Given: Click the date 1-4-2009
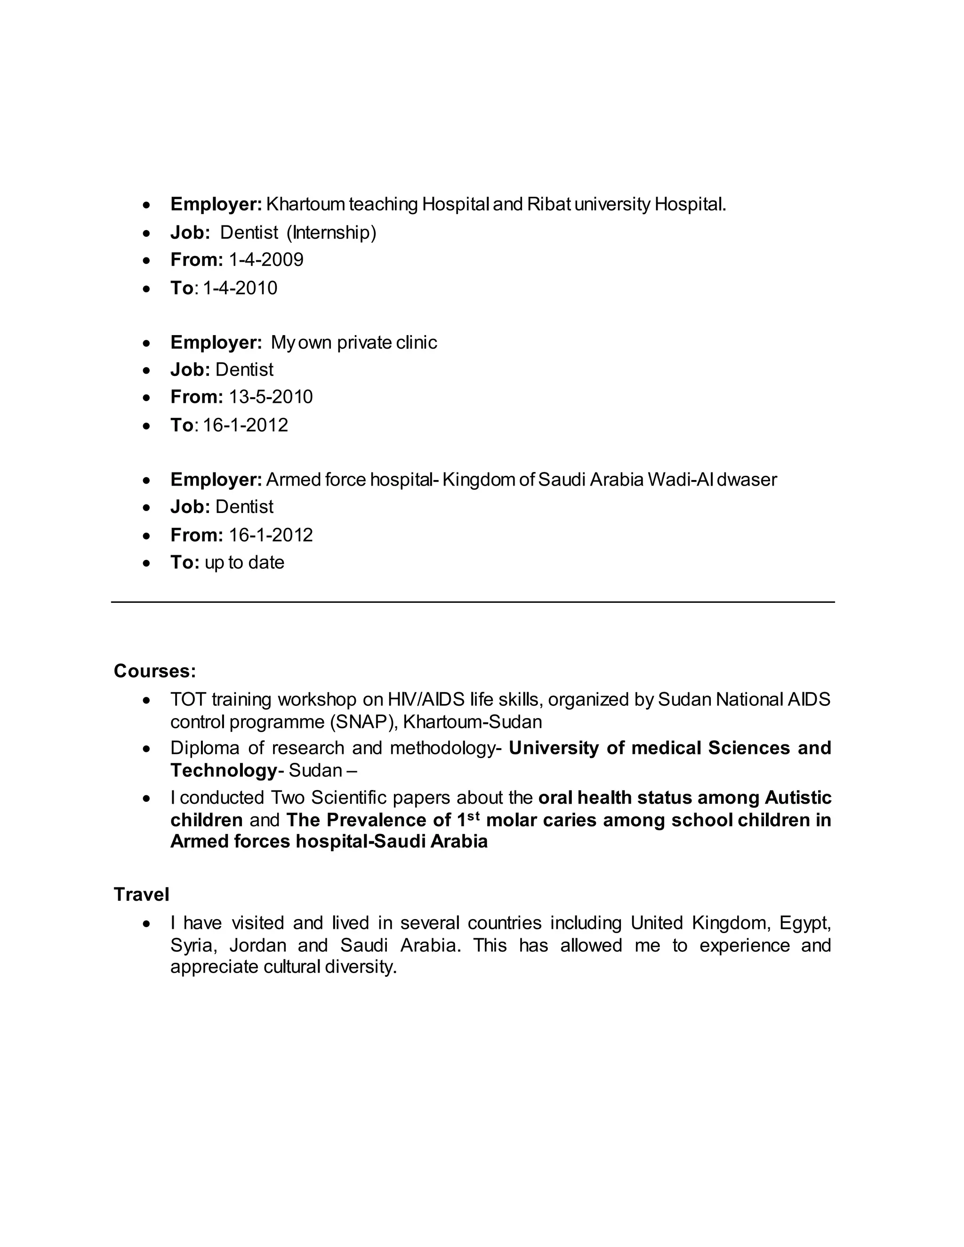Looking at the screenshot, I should coord(265,260).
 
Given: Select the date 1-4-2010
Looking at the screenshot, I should coord(240,288).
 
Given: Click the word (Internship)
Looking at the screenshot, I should coord(331,232).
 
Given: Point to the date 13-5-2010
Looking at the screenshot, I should coord(271,397).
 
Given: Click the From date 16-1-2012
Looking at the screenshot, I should coord(271,535).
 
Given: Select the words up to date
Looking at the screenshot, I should coord(244,563).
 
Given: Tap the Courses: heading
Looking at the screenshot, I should coord(155,671).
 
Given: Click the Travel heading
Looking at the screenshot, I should coord(141,894).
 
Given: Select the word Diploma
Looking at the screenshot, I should coord(203,748).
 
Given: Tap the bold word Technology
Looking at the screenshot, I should coord(223,771).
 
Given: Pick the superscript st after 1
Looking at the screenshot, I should coord(474,816).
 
